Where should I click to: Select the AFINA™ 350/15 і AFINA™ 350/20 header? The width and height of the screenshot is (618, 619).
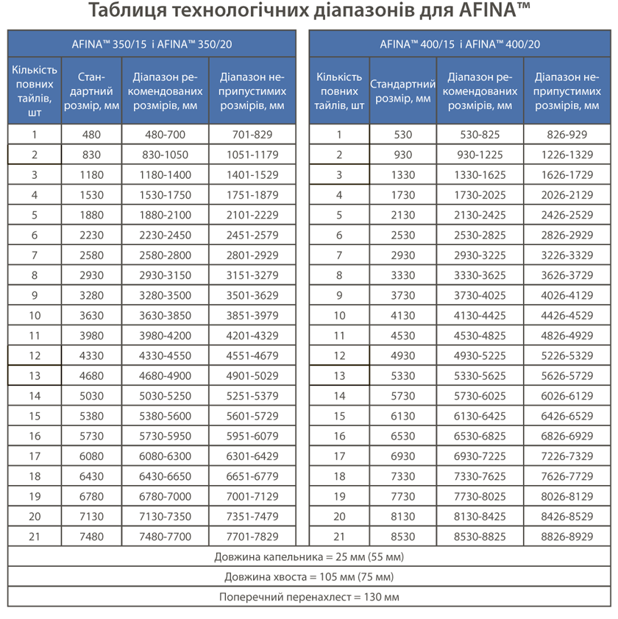(x=152, y=43)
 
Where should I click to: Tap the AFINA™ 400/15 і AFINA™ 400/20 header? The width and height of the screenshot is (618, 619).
(x=460, y=43)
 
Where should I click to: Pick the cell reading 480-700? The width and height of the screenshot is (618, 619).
(x=166, y=135)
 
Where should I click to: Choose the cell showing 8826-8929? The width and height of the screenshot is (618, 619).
(x=566, y=537)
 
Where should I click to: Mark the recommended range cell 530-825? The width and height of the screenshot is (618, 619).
(x=480, y=135)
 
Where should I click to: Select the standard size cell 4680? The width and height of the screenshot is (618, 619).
(x=92, y=375)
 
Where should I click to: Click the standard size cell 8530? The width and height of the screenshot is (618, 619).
(x=403, y=537)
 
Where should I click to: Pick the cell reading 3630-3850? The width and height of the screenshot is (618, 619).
(x=166, y=315)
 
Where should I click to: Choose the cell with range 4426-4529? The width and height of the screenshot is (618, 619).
(x=566, y=315)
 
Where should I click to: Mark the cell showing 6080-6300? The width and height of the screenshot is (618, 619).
(x=166, y=456)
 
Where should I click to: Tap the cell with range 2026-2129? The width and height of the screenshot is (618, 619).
(x=566, y=195)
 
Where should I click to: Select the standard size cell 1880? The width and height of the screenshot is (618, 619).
(x=92, y=215)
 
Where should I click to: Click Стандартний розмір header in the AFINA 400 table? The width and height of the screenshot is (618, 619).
(x=403, y=91)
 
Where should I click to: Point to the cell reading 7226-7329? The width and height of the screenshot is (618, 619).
(x=566, y=456)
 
